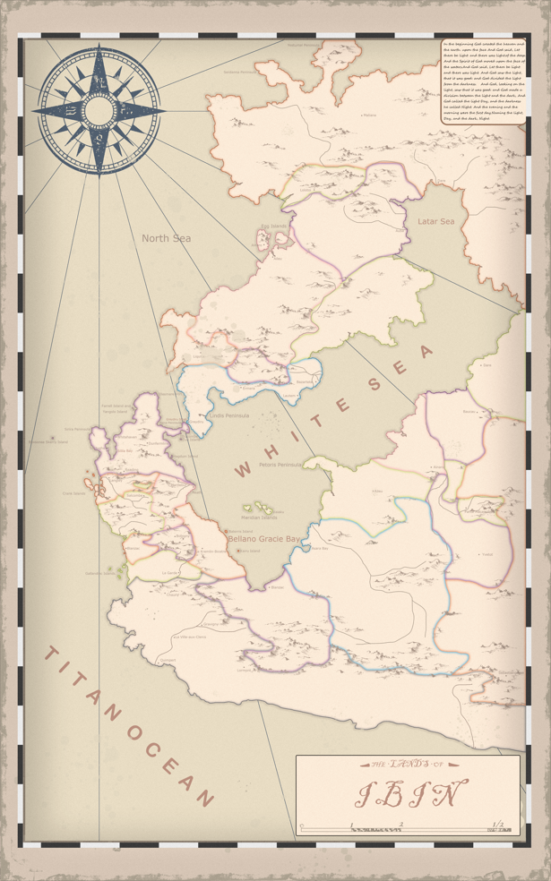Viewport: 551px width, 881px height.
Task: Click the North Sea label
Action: (166, 238)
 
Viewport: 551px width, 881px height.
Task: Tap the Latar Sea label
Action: (436, 221)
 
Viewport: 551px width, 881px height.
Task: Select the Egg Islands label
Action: (273, 227)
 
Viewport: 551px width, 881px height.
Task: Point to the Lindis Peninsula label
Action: (228, 416)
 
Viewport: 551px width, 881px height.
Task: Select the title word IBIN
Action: (411, 793)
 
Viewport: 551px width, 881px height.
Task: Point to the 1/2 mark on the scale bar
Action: (498, 824)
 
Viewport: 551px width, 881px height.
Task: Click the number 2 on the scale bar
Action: (401, 824)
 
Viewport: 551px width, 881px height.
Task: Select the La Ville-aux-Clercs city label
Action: (189, 637)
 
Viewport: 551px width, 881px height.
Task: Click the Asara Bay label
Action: (320, 549)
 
